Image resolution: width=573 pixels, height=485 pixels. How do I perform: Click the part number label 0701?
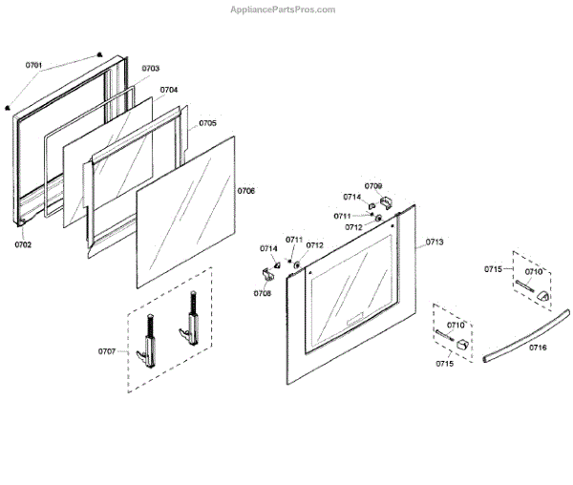(x=34, y=65)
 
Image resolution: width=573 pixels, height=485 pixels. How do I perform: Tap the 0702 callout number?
(x=23, y=244)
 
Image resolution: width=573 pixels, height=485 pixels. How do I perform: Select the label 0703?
(x=151, y=69)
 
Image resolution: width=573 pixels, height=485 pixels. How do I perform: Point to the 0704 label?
(x=169, y=90)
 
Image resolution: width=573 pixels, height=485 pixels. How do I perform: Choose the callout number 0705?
(x=207, y=123)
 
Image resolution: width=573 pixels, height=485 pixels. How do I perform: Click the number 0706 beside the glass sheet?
(x=246, y=191)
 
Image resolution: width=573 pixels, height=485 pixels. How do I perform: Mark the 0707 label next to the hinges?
(x=107, y=351)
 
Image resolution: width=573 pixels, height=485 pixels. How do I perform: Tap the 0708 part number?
(x=263, y=293)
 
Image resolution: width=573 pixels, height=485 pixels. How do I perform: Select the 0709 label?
(x=373, y=185)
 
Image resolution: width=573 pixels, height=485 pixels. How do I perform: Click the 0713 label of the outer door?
(x=435, y=242)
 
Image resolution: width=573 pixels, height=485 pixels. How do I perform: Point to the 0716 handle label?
(x=539, y=348)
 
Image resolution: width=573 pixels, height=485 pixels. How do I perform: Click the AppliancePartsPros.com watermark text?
(x=284, y=9)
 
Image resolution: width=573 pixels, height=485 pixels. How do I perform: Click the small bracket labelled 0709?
(x=386, y=200)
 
